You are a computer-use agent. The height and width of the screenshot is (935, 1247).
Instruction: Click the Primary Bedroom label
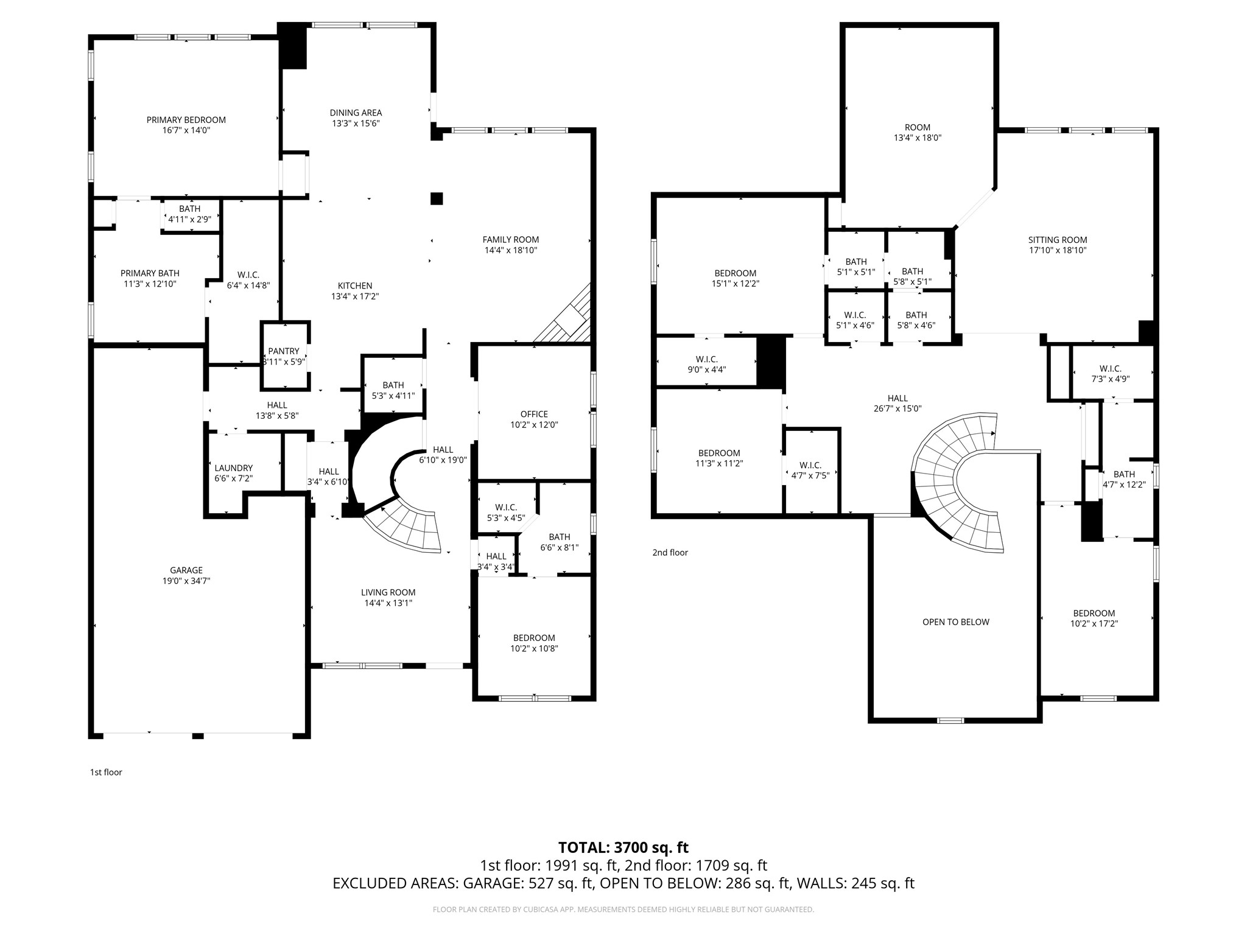tap(186, 120)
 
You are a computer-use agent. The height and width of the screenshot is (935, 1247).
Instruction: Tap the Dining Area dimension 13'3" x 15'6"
tap(356, 123)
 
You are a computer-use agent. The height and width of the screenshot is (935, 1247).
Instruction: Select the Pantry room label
tap(284, 351)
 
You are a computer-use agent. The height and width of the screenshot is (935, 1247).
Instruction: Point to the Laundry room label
tap(233, 468)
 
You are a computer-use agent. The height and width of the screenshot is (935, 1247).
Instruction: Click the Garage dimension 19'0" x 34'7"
tap(186, 581)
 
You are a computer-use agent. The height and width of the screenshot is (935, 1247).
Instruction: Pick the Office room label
tap(534, 414)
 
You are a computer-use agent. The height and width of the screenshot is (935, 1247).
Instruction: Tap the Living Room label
tap(388, 592)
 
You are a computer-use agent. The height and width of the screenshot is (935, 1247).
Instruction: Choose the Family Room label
tap(510, 240)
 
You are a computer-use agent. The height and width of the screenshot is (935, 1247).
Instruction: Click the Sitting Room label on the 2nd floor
tap(1057, 240)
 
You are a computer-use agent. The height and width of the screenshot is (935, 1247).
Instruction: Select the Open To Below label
tap(955, 622)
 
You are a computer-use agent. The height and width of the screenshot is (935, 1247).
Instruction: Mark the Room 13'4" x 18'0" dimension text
tap(917, 138)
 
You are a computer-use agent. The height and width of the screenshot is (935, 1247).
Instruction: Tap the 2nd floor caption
tap(670, 553)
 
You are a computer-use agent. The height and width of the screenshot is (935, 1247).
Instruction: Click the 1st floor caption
tap(106, 772)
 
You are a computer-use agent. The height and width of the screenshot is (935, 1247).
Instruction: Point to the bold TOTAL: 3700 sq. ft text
tap(623, 847)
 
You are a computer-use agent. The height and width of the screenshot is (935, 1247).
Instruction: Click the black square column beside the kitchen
tap(436, 198)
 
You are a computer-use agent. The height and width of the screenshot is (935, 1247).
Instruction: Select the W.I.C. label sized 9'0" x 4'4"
tap(706, 359)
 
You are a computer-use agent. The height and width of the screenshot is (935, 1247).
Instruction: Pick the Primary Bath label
tap(150, 273)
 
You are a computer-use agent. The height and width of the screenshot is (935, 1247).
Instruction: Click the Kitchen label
tap(355, 286)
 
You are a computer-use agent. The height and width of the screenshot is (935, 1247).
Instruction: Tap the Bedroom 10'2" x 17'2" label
tap(1094, 614)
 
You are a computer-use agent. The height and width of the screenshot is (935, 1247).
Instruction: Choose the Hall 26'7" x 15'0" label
tap(897, 399)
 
